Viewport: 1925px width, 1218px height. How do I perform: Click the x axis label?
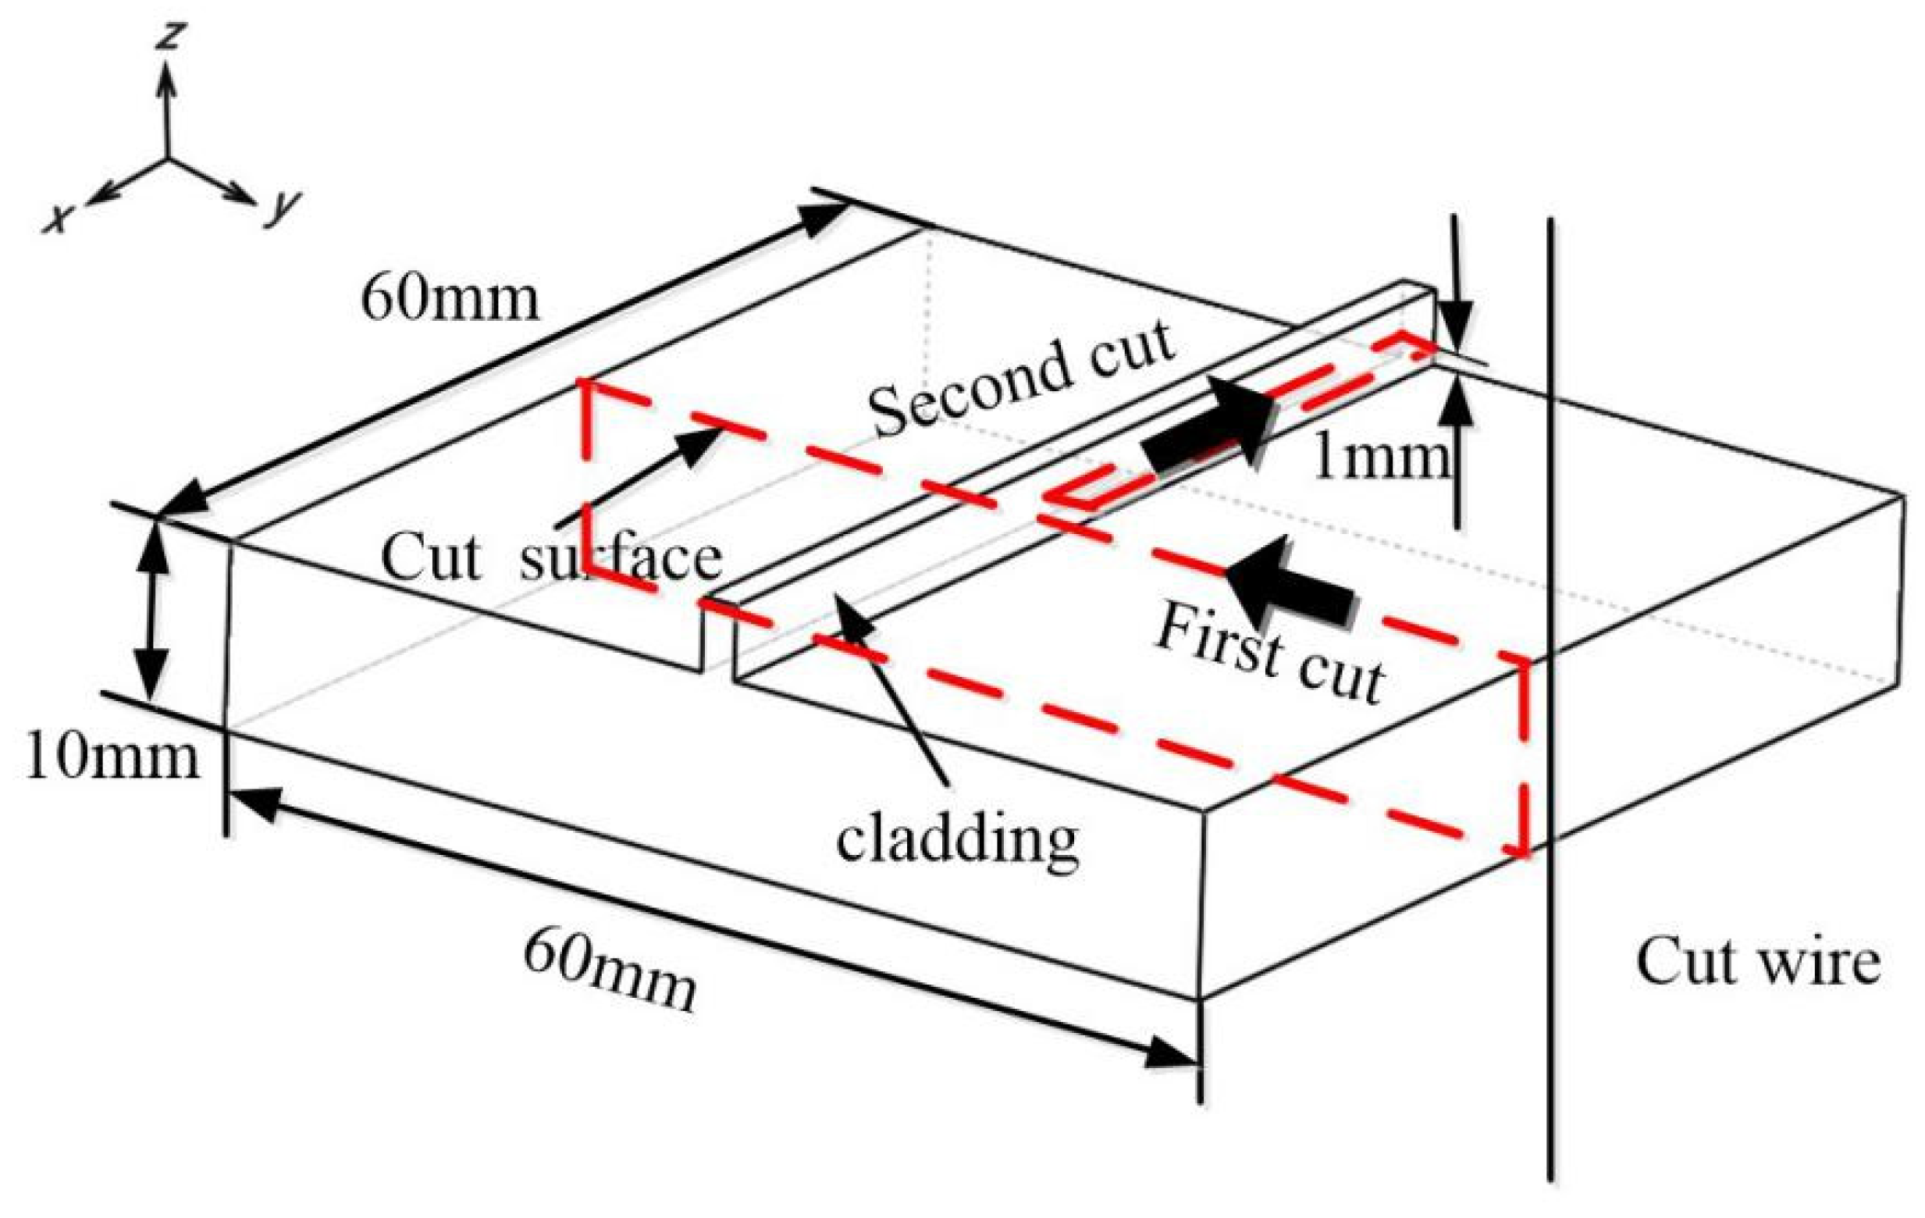pos(57,217)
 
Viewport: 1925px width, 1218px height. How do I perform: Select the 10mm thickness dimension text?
pos(111,757)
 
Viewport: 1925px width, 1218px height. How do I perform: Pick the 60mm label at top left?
pos(450,300)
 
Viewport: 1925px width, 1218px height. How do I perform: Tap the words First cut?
pos(1269,654)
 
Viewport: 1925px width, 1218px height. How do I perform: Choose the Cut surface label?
pos(552,557)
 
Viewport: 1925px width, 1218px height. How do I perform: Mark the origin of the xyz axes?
pos(167,158)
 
